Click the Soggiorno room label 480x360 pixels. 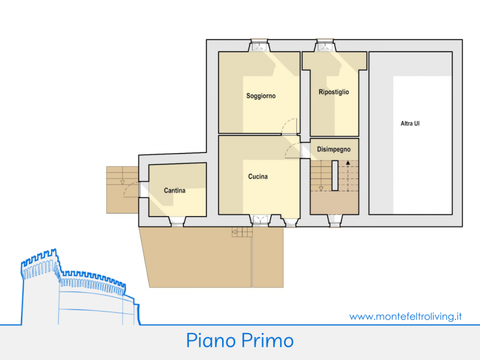click(x=261, y=96)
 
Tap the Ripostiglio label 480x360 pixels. click(x=334, y=92)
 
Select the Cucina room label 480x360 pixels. click(x=258, y=176)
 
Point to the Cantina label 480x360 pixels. click(x=175, y=190)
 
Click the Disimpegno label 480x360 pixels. click(x=334, y=149)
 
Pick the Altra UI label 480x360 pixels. click(x=410, y=124)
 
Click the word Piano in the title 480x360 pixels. click(x=211, y=341)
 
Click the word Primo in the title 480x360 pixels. click(x=267, y=340)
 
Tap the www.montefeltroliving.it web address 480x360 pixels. click(x=406, y=316)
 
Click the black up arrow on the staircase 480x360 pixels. click(x=348, y=163)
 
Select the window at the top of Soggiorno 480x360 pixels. click(x=259, y=45)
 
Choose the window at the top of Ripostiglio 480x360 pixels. click(x=325, y=45)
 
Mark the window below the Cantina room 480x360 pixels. click(x=177, y=221)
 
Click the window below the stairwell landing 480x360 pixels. click(x=335, y=221)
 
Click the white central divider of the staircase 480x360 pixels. click(x=335, y=175)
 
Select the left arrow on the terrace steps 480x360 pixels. click(x=234, y=232)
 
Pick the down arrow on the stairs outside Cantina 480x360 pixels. click(x=122, y=182)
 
